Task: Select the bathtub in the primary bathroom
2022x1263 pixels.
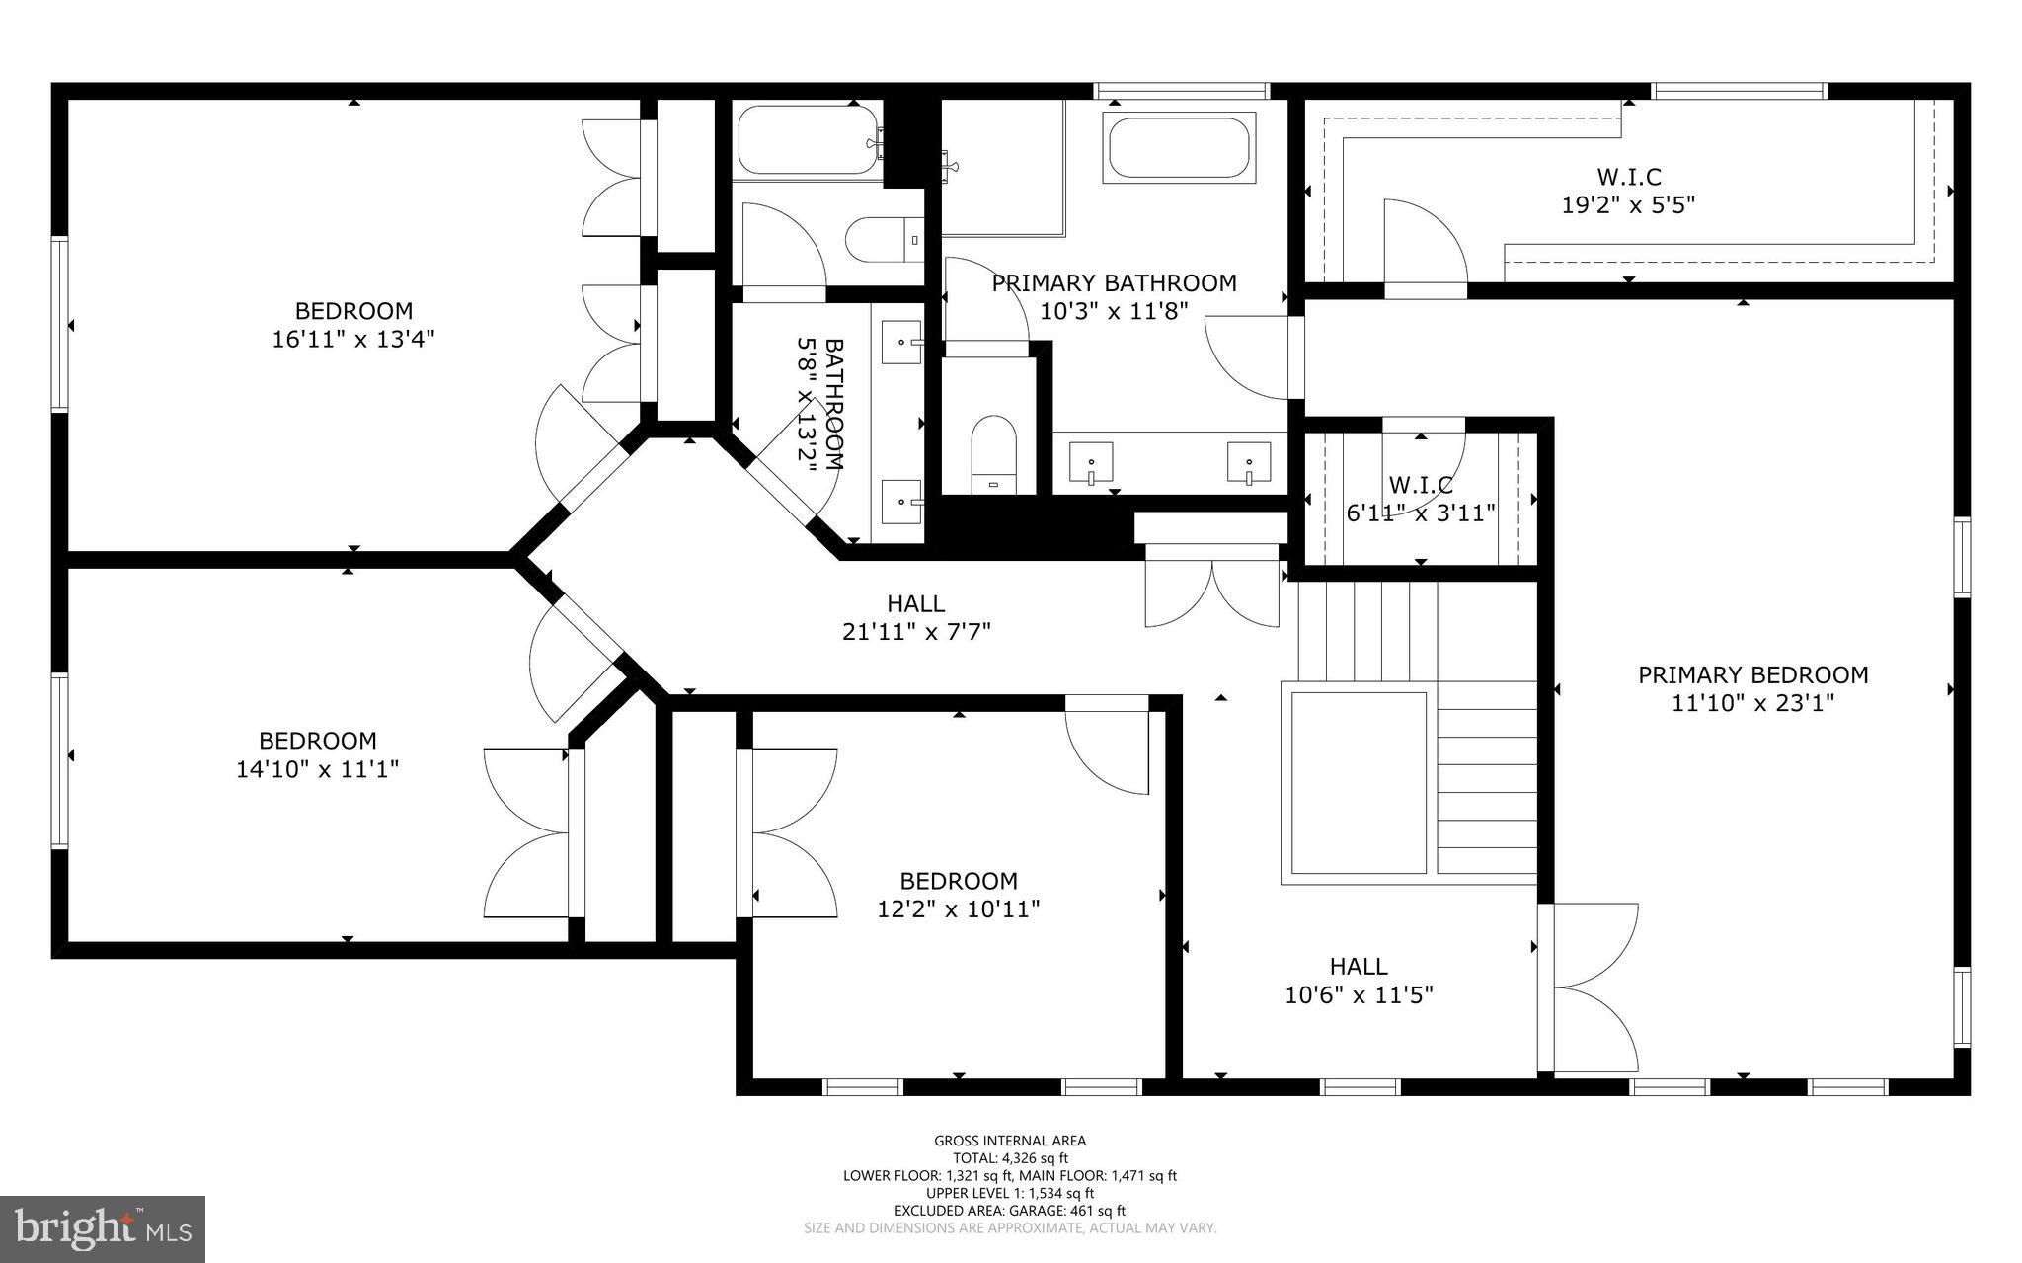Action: (1178, 148)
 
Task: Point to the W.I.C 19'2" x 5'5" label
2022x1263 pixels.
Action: (1628, 191)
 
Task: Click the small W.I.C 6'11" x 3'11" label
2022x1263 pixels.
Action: (1421, 499)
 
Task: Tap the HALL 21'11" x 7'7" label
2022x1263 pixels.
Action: (915, 617)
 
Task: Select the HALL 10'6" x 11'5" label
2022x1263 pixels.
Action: (1359, 980)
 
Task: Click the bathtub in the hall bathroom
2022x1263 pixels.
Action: (807, 140)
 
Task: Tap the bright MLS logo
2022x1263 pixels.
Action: (103, 1228)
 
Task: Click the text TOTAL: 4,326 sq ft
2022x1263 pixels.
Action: (1010, 1158)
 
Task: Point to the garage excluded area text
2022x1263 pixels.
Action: (1010, 1211)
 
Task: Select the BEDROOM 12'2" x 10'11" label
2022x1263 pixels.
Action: (958, 895)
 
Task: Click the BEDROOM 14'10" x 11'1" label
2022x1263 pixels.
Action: (317, 754)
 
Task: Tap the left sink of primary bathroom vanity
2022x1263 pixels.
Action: (1091, 462)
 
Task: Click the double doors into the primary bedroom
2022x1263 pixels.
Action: (1590, 987)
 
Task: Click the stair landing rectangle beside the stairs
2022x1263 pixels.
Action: (1359, 782)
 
